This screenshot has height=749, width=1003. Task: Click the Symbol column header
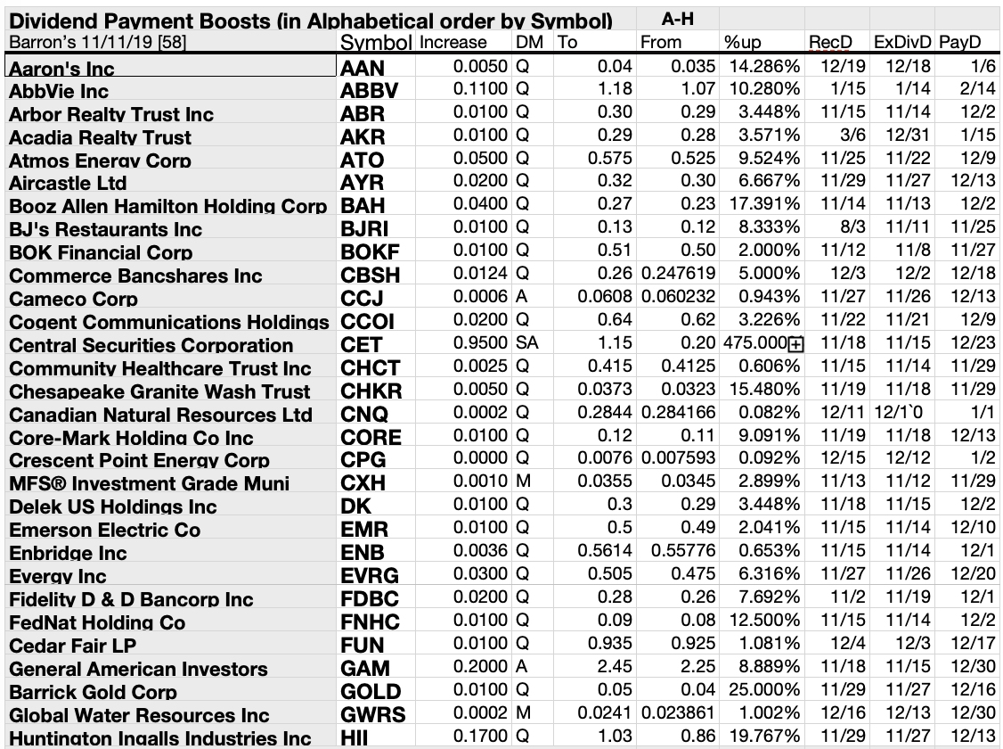376,42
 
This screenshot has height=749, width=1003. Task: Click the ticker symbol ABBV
369,90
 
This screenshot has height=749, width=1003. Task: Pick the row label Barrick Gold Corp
93,692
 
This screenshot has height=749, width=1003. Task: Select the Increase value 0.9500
480,344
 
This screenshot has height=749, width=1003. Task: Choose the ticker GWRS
373,715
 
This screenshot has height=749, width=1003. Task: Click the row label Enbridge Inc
68,553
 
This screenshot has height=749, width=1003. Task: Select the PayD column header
961,42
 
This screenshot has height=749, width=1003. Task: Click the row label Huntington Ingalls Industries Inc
160,738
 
